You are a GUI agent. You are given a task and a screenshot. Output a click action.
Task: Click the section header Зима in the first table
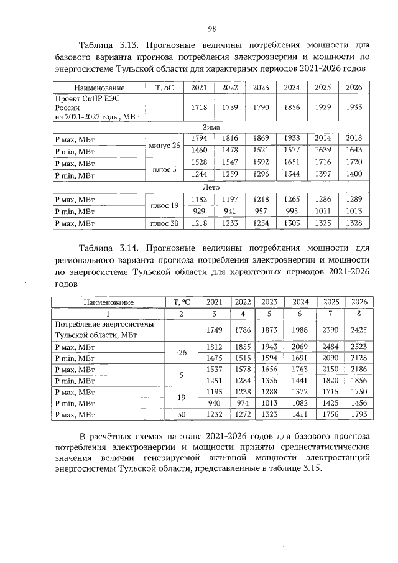[x=211, y=126]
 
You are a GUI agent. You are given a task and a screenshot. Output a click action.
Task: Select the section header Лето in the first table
[x=211, y=187]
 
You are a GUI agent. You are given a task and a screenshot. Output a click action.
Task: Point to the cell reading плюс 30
[x=165, y=223]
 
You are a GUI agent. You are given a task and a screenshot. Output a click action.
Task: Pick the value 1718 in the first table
[x=199, y=108]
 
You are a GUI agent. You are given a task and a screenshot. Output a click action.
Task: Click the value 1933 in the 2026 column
[x=353, y=108]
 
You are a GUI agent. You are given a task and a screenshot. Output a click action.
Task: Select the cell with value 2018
[x=353, y=138]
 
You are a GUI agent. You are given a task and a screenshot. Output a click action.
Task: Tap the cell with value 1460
[x=199, y=151]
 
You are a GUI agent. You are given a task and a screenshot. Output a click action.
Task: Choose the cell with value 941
[x=230, y=211]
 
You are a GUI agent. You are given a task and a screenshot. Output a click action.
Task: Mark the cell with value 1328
[x=353, y=223]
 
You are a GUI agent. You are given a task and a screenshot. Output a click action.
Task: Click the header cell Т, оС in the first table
[x=165, y=88]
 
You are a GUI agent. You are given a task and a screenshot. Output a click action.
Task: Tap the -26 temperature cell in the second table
[x=181, y=353]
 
